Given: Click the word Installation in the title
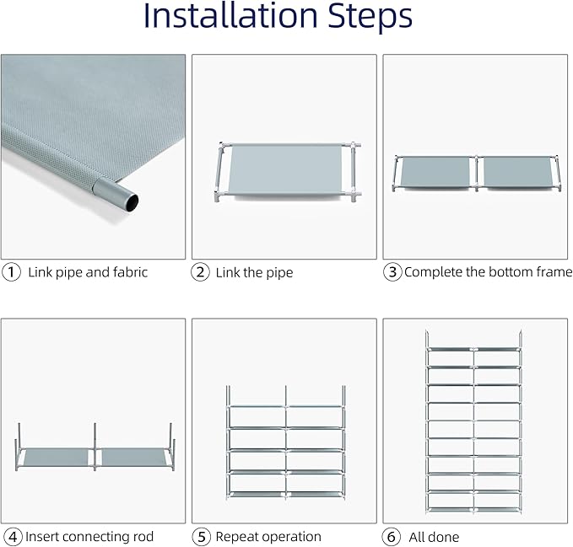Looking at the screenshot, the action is click(x=230, y=15).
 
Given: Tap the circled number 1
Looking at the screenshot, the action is click(x=11, y=272).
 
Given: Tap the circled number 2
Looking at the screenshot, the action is click(x=200, y=272).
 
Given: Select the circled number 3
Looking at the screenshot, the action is click(x=392, y=272).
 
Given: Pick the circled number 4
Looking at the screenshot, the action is click(x=13, y=537).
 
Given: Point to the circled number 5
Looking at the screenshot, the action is click(x=202, y=537).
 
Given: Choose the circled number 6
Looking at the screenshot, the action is click(x=391, y=537).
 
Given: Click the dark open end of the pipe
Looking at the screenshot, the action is click(x=132, y=202).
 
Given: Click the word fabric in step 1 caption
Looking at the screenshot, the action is click(x=130, y=272).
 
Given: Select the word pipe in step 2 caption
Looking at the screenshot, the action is click(x=279, y=273).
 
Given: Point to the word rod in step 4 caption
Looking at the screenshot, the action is click(x=143, y=536).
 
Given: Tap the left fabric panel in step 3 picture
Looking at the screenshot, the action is click(x=435, y=171).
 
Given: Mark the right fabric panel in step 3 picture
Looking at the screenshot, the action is click(x=518, y=171).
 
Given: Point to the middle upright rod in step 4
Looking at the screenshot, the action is click(x=95, y=447).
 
